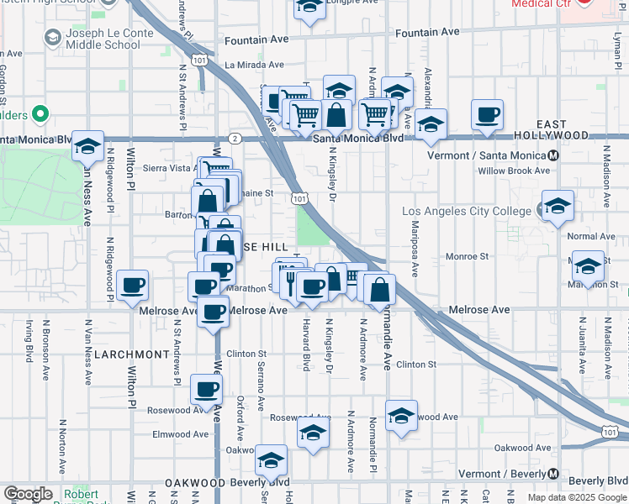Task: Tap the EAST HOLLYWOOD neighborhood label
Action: (x=576, y=129)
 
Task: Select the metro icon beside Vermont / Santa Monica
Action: (x=552, y=155)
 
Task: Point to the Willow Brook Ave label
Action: (x=513, y=171)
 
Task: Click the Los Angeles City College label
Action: (x=467, y=210)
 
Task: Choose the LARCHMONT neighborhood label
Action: (x=131, y=354)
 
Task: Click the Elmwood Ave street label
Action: (x=180, y=434)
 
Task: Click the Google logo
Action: (x=28, y=494)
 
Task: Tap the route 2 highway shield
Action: (x=235, y=137)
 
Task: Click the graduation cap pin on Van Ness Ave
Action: (x=87, y=146)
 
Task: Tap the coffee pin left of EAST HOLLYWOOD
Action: (x=487, y=115)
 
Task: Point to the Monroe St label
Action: (x=467, y=256)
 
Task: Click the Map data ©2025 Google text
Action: (x=576, y=497)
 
